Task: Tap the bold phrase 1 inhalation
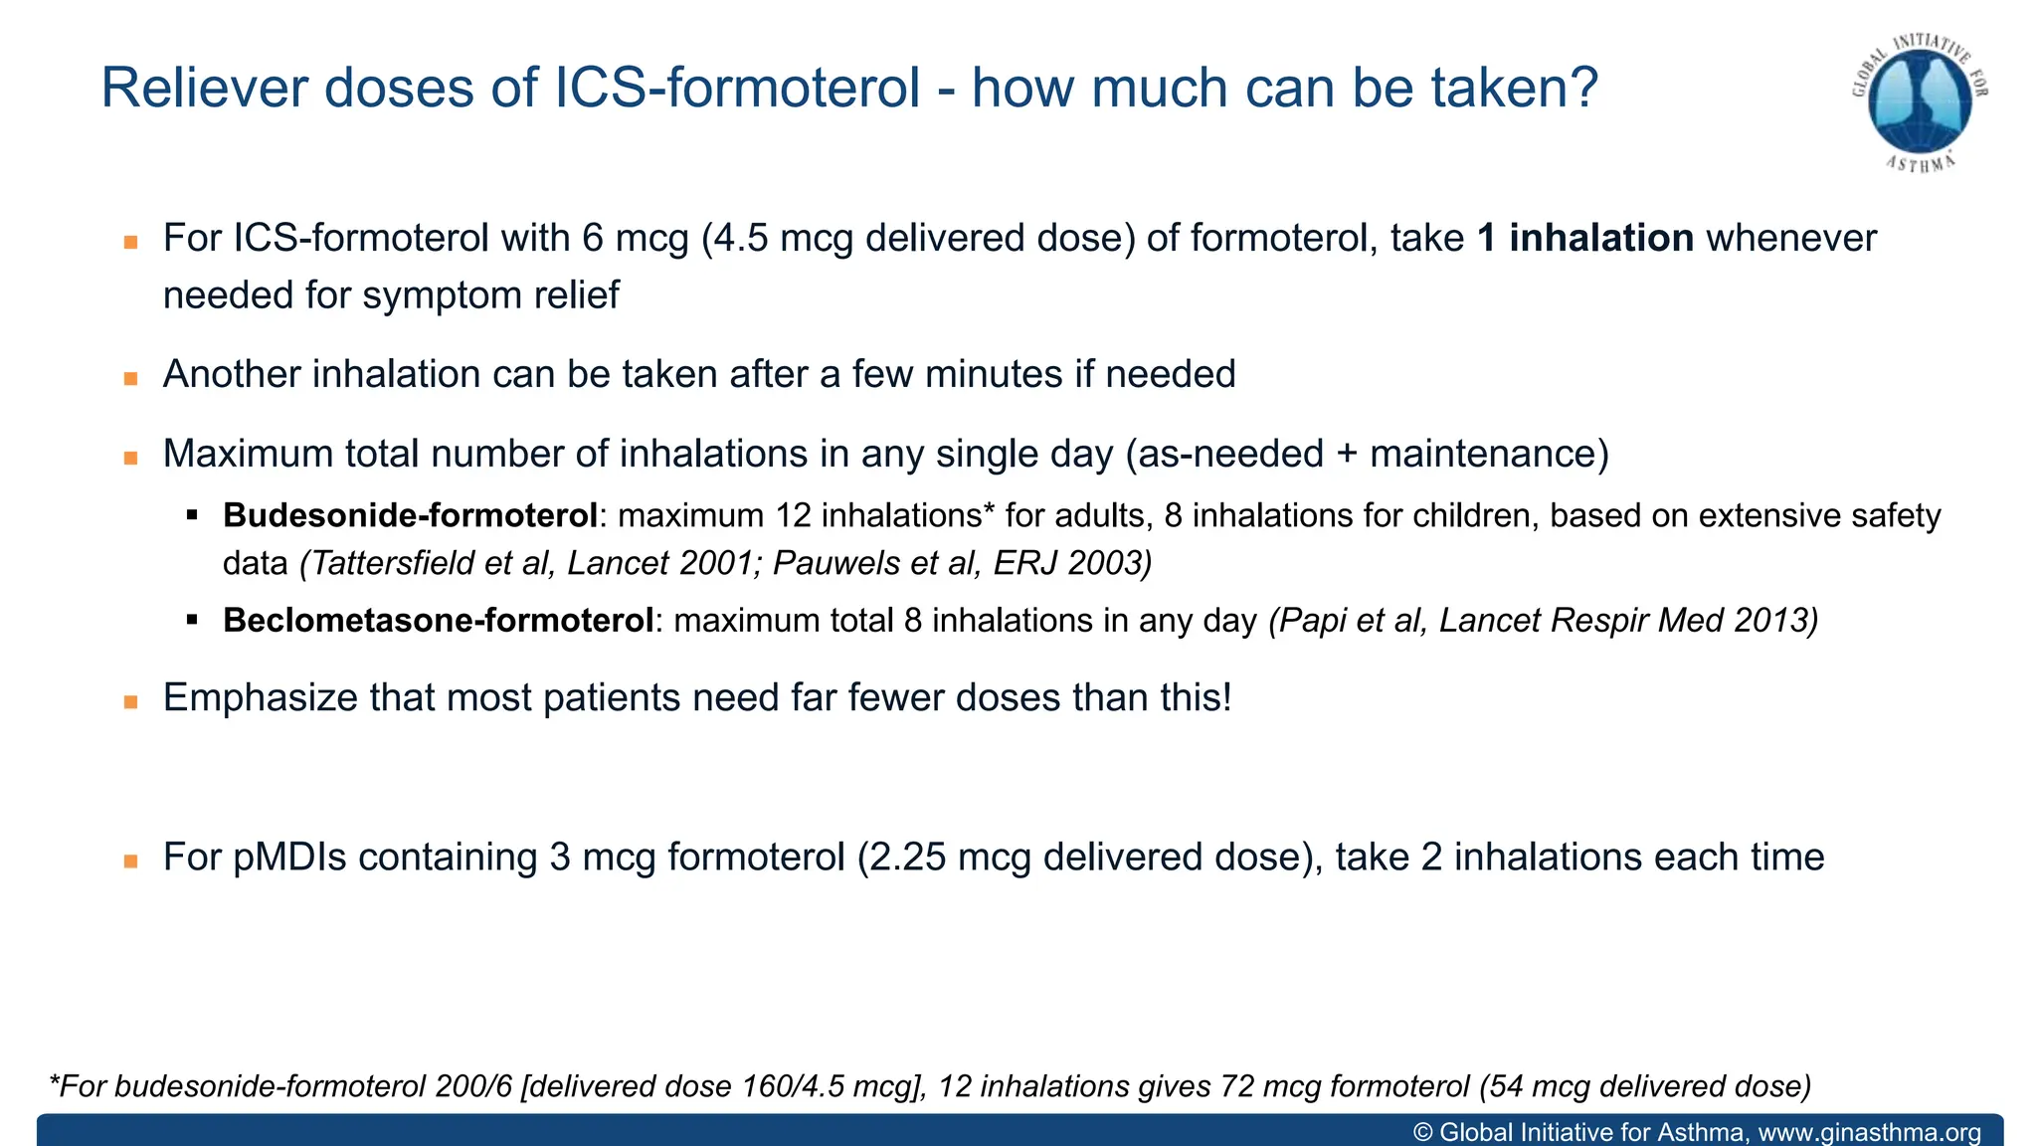pos(1585,239)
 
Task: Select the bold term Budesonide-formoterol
pos(410,515)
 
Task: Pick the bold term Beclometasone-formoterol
pos(438,621)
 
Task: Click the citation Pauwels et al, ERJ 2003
pos(960,564)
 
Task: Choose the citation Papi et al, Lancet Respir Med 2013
pos(1543,621)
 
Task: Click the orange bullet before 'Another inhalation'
pos(130,378)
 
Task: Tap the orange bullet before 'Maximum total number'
pos(130,458)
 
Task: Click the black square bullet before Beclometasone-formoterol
pos(193,621)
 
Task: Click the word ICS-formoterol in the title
pos(737,88)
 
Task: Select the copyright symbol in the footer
pos(1423,1132)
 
